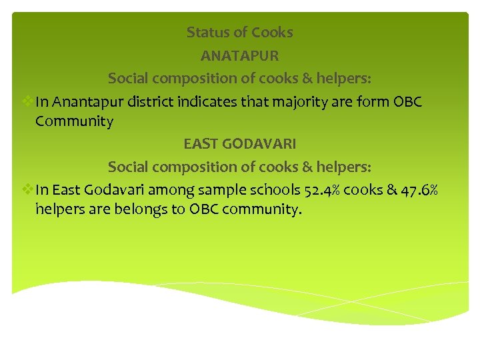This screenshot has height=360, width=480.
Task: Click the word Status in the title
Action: point(208,32)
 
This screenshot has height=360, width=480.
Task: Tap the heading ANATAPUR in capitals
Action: point(240,55)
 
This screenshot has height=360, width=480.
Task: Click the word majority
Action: point(293,101)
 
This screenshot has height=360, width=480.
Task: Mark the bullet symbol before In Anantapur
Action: point(27,101)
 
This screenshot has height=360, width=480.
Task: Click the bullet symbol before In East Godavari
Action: point(27,189)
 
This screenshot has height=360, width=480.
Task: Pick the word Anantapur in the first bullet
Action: point(85,101)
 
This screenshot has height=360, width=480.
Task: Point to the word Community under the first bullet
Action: point(74,121)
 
